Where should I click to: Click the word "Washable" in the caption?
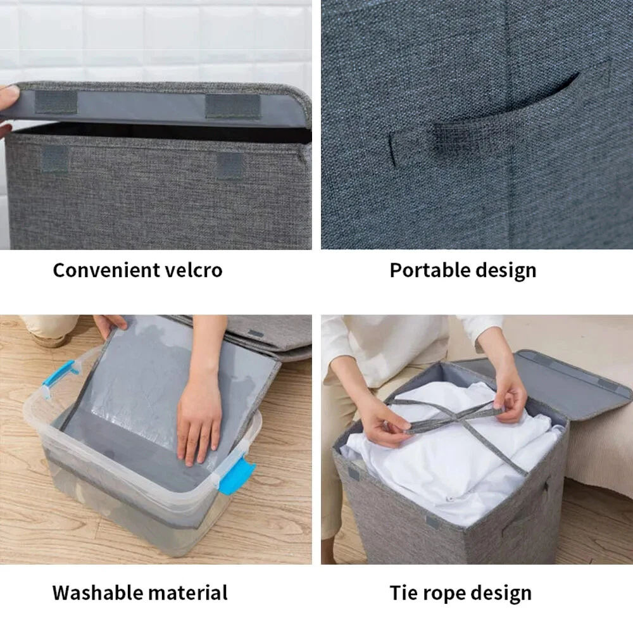click(x=97, y=593)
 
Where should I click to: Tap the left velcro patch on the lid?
click(x=56, y=102)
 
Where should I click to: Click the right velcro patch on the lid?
click(x=233, y=106)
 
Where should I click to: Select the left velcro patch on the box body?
click(x=55, y=159)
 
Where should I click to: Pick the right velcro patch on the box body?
click(x=230, y=166)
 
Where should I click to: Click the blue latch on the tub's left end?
click(x=59, y=377)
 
